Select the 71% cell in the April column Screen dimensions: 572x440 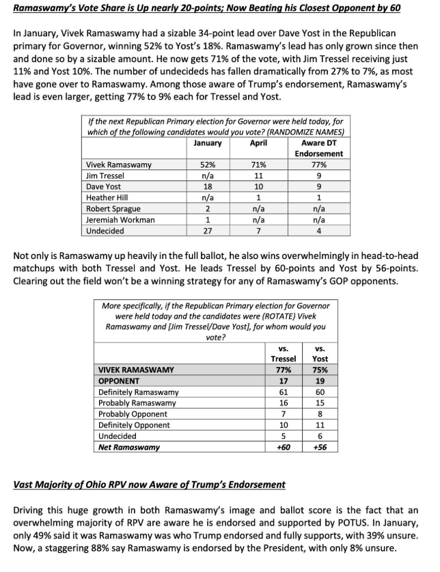point(259,165)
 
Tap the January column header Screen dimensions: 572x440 point(208,143)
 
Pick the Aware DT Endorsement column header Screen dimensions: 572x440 point(318,148)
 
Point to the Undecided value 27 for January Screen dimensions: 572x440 point(208,231)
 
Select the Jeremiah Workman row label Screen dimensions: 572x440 point(120,219)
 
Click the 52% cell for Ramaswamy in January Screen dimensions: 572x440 point(208,165)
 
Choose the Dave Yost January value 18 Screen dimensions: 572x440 point(208,187)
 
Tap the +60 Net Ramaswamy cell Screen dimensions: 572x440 point(284,447)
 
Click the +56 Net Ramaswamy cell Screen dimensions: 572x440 point(319,447)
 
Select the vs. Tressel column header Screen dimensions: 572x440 point(284,353)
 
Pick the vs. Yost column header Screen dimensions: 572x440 point(319,353)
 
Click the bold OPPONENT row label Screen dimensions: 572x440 point(119,381)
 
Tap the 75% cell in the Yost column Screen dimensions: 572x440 point(319,370)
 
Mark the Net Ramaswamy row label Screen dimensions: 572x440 point(129,447)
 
